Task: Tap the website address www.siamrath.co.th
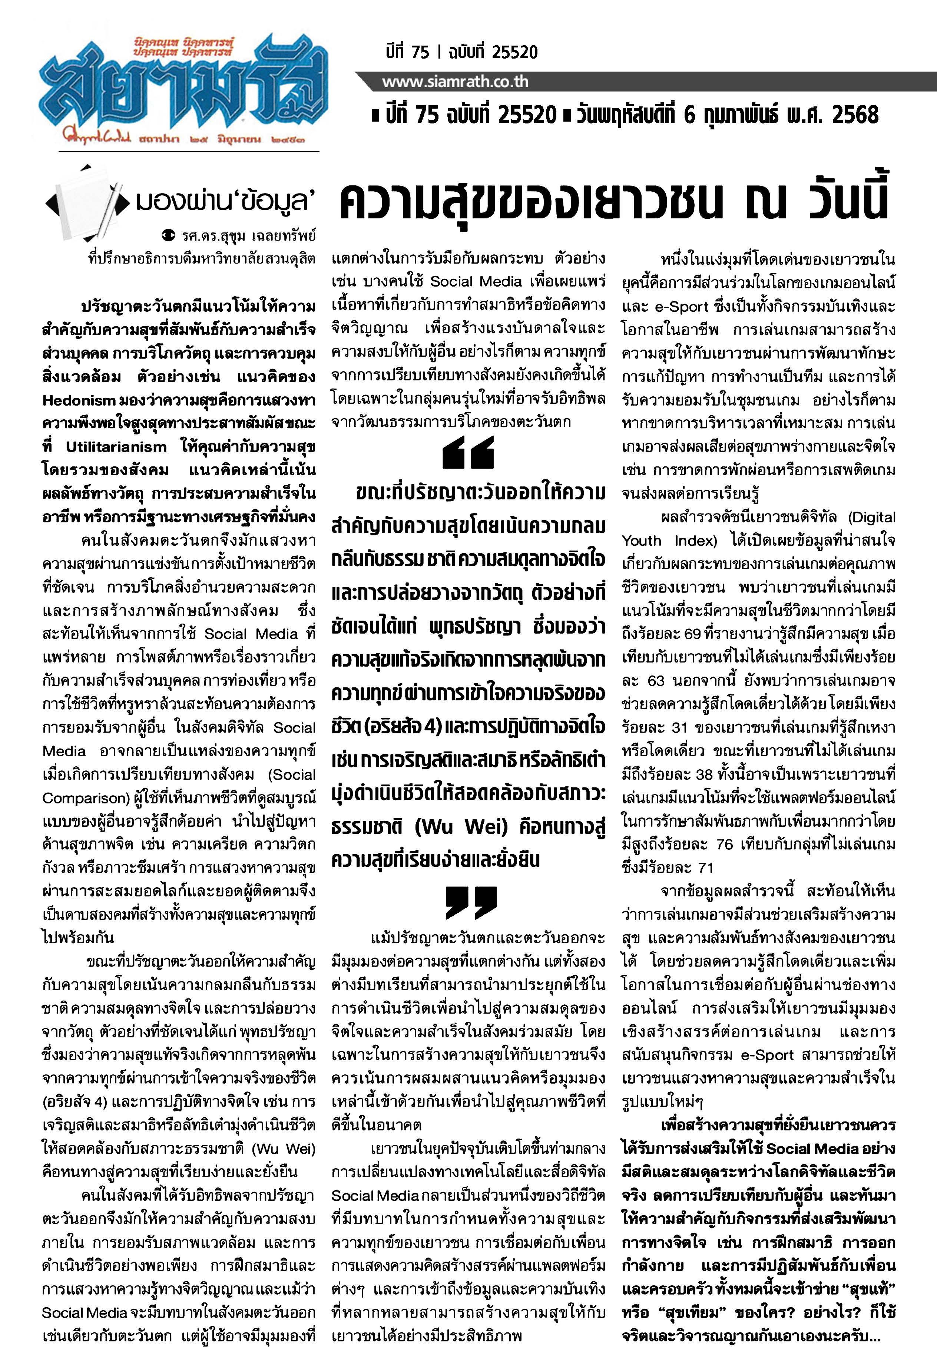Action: click(x=455, y=82)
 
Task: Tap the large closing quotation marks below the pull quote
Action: click(x=471, y=902)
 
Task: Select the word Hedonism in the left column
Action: click(x=79, y=400)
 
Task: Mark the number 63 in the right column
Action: click(x=656, y=681)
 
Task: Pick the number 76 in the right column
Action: click(x=725, y=844)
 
